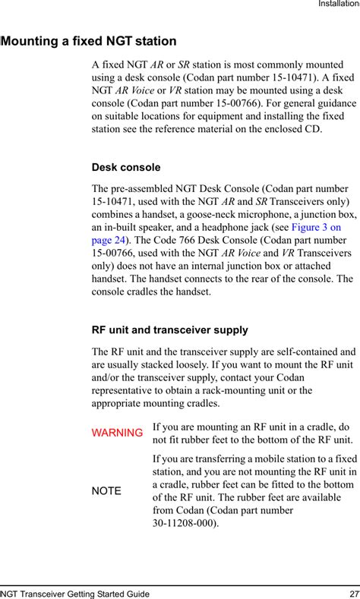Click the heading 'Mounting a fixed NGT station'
90,41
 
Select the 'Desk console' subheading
125,167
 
